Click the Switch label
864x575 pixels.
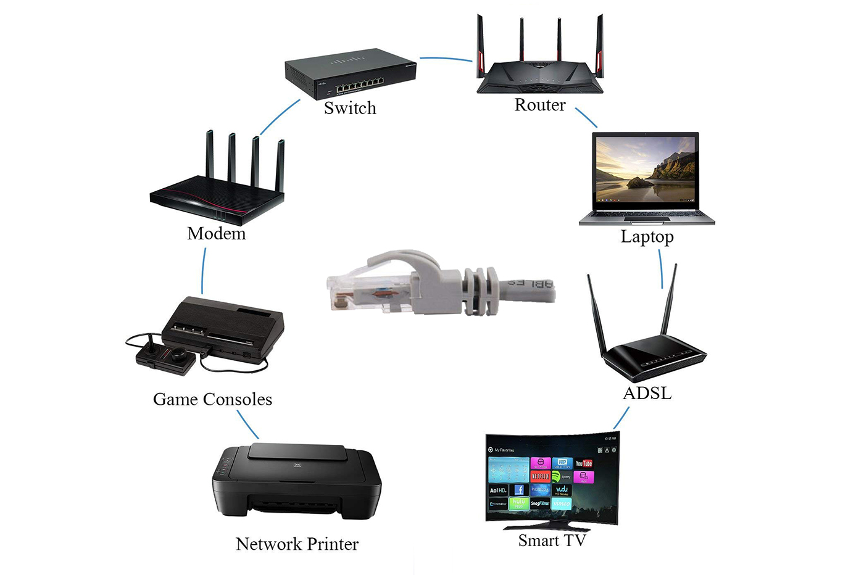350,108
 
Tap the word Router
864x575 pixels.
540,105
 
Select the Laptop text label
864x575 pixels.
647,237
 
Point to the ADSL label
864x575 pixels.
647,393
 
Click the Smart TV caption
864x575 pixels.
552,540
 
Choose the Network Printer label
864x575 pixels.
297,544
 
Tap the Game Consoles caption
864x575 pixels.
212,399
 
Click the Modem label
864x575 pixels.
216,233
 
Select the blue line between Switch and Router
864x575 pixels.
446,59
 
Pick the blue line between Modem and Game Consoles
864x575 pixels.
203,271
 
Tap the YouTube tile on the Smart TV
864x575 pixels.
583,463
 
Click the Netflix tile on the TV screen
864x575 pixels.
540,476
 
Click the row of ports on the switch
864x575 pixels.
351,83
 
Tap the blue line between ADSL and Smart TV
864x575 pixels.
621,418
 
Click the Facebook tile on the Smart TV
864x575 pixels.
519,490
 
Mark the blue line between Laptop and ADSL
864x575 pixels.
660,268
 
